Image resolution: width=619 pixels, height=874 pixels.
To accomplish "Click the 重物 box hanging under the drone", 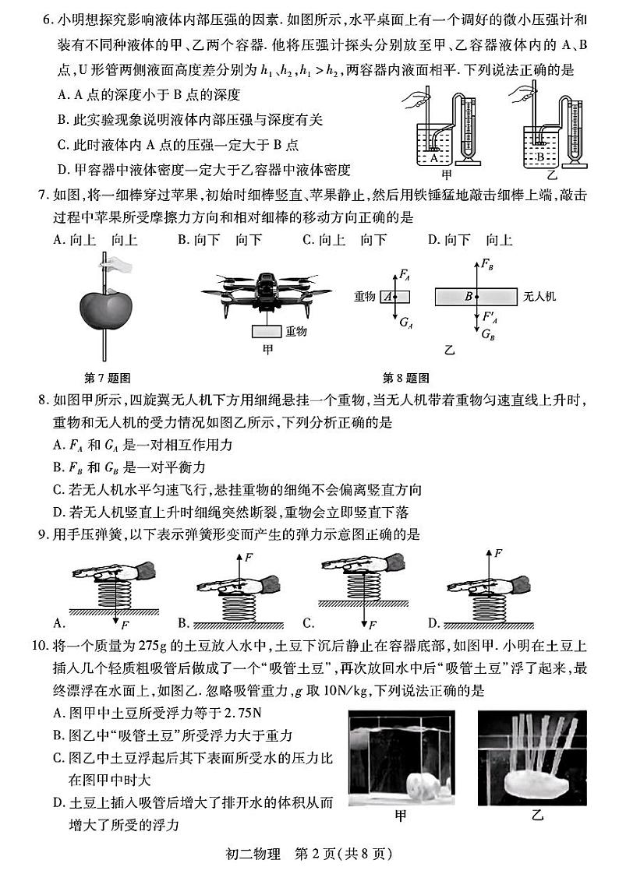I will click(267, 331).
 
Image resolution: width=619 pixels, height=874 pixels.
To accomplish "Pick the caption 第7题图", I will click(107, 378).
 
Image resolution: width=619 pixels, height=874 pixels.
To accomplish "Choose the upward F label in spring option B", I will click(249, 558).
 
